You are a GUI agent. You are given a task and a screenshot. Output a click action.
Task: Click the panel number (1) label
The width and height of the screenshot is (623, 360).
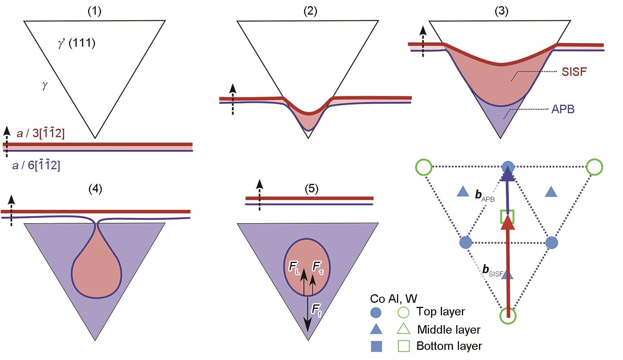coord(95,11)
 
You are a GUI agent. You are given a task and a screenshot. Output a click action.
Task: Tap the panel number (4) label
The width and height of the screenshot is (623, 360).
coord(95,189)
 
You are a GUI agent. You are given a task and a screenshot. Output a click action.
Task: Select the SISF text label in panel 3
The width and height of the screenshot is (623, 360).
coord(574,72)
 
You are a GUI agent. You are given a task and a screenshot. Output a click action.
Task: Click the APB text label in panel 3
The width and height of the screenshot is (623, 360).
coord(563,109)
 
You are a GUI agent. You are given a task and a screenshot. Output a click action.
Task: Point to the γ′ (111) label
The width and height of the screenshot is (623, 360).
coord(77,43)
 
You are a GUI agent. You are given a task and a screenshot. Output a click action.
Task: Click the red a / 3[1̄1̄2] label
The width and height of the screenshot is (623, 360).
coord(41,133)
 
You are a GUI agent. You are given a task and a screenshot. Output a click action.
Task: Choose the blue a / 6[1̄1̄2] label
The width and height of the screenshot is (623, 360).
coord(36,165)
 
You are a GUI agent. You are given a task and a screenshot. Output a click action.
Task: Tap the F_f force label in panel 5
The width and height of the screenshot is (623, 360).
coord(317,310)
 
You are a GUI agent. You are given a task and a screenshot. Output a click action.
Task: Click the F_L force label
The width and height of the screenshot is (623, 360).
coord(294,267)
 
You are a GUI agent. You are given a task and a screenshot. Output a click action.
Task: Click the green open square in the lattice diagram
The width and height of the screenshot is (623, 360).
coord(507,217)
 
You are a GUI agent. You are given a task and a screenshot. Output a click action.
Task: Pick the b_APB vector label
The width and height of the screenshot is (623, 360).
coord(485,196)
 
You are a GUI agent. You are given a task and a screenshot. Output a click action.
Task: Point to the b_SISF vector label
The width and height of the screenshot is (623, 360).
coord(493,270)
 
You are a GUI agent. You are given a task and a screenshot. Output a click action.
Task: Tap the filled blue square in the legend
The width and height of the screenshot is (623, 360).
coord(377,347)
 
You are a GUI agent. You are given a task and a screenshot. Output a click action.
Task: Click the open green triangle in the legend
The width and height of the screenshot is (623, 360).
coord(403,329)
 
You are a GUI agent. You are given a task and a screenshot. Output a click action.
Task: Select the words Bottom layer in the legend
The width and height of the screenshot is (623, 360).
coord(449,346)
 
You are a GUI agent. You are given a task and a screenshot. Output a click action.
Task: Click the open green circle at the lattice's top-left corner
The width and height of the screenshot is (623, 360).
coord(424,167)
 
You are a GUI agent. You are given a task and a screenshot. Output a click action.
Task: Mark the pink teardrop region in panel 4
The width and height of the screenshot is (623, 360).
coord(97,272)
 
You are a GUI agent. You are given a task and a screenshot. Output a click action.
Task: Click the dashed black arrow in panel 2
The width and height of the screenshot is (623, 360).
coord(233,99)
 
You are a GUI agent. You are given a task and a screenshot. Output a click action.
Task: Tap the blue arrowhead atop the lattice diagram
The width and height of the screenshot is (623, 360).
coord(508,174)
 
